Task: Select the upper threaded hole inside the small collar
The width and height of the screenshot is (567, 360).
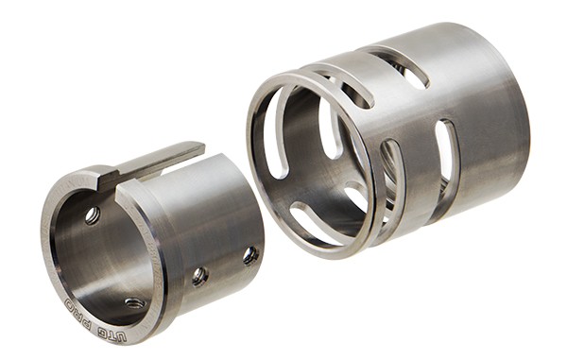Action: tap(92, 215)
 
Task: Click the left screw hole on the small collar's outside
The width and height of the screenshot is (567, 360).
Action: tap(199, 276)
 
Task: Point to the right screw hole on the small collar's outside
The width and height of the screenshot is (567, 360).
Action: tap(249, 255)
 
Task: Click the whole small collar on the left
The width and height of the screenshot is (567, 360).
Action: tap(151, 246)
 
